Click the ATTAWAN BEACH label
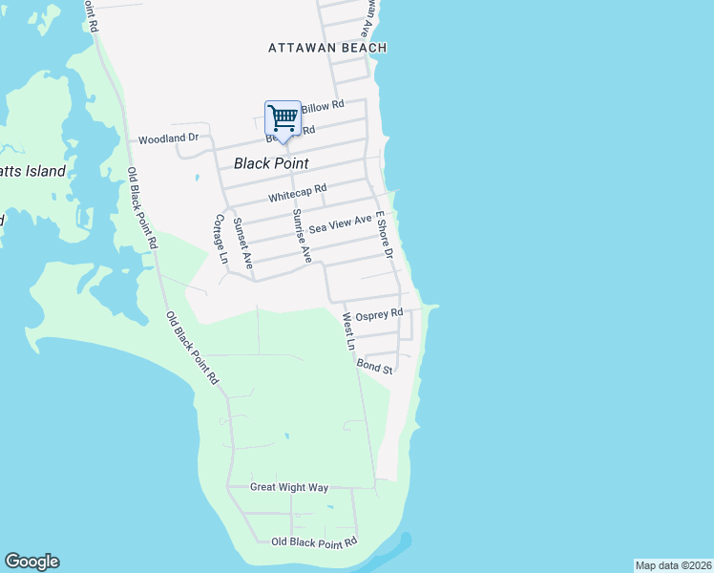327,48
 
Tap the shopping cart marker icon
283,118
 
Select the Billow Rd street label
323,106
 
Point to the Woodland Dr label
168,138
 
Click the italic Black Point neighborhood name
271,163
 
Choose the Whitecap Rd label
298,195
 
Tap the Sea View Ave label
340,224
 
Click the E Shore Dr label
385,235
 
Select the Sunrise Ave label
302,235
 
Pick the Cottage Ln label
220,238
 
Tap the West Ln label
348,330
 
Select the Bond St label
375,366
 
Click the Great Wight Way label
289,487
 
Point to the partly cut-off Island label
33,172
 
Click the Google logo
31,562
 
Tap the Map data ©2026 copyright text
673,565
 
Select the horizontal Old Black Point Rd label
314,541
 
